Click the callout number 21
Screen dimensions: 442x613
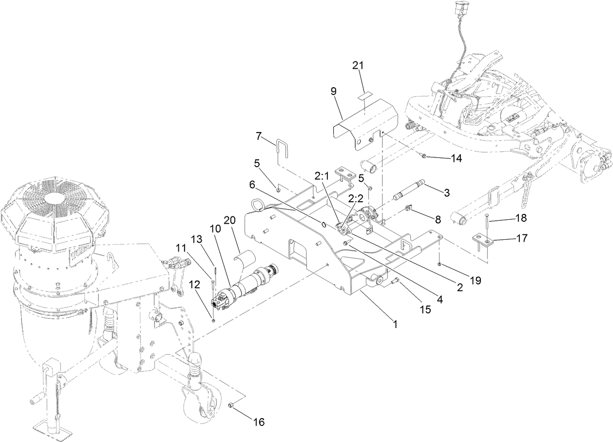click(358, 65)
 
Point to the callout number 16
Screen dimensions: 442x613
click(259, 422)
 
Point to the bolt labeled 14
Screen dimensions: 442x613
click(423, 156)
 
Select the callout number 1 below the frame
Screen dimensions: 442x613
click(395, 323)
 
